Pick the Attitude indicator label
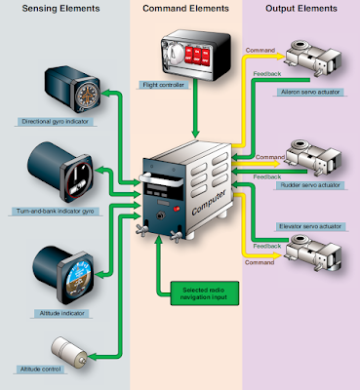[43, 311]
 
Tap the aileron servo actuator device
[317, 59]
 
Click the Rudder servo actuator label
[311, 182]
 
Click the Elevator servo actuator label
[309, 227]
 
